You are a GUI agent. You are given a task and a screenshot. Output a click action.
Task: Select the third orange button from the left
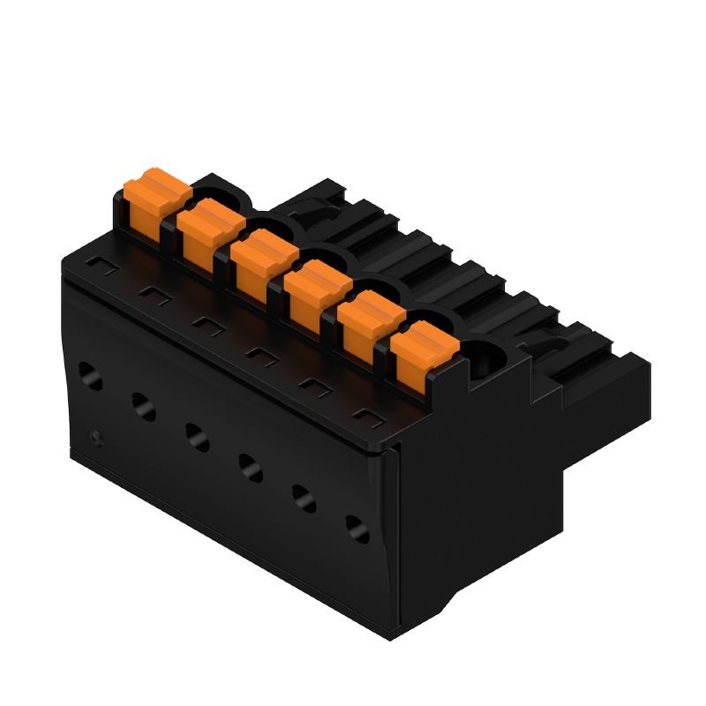tap(264, 260)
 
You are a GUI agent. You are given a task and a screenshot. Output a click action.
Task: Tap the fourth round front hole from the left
tap(250, 465)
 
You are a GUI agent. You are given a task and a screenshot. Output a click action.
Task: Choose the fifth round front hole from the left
tap(304, 497)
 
